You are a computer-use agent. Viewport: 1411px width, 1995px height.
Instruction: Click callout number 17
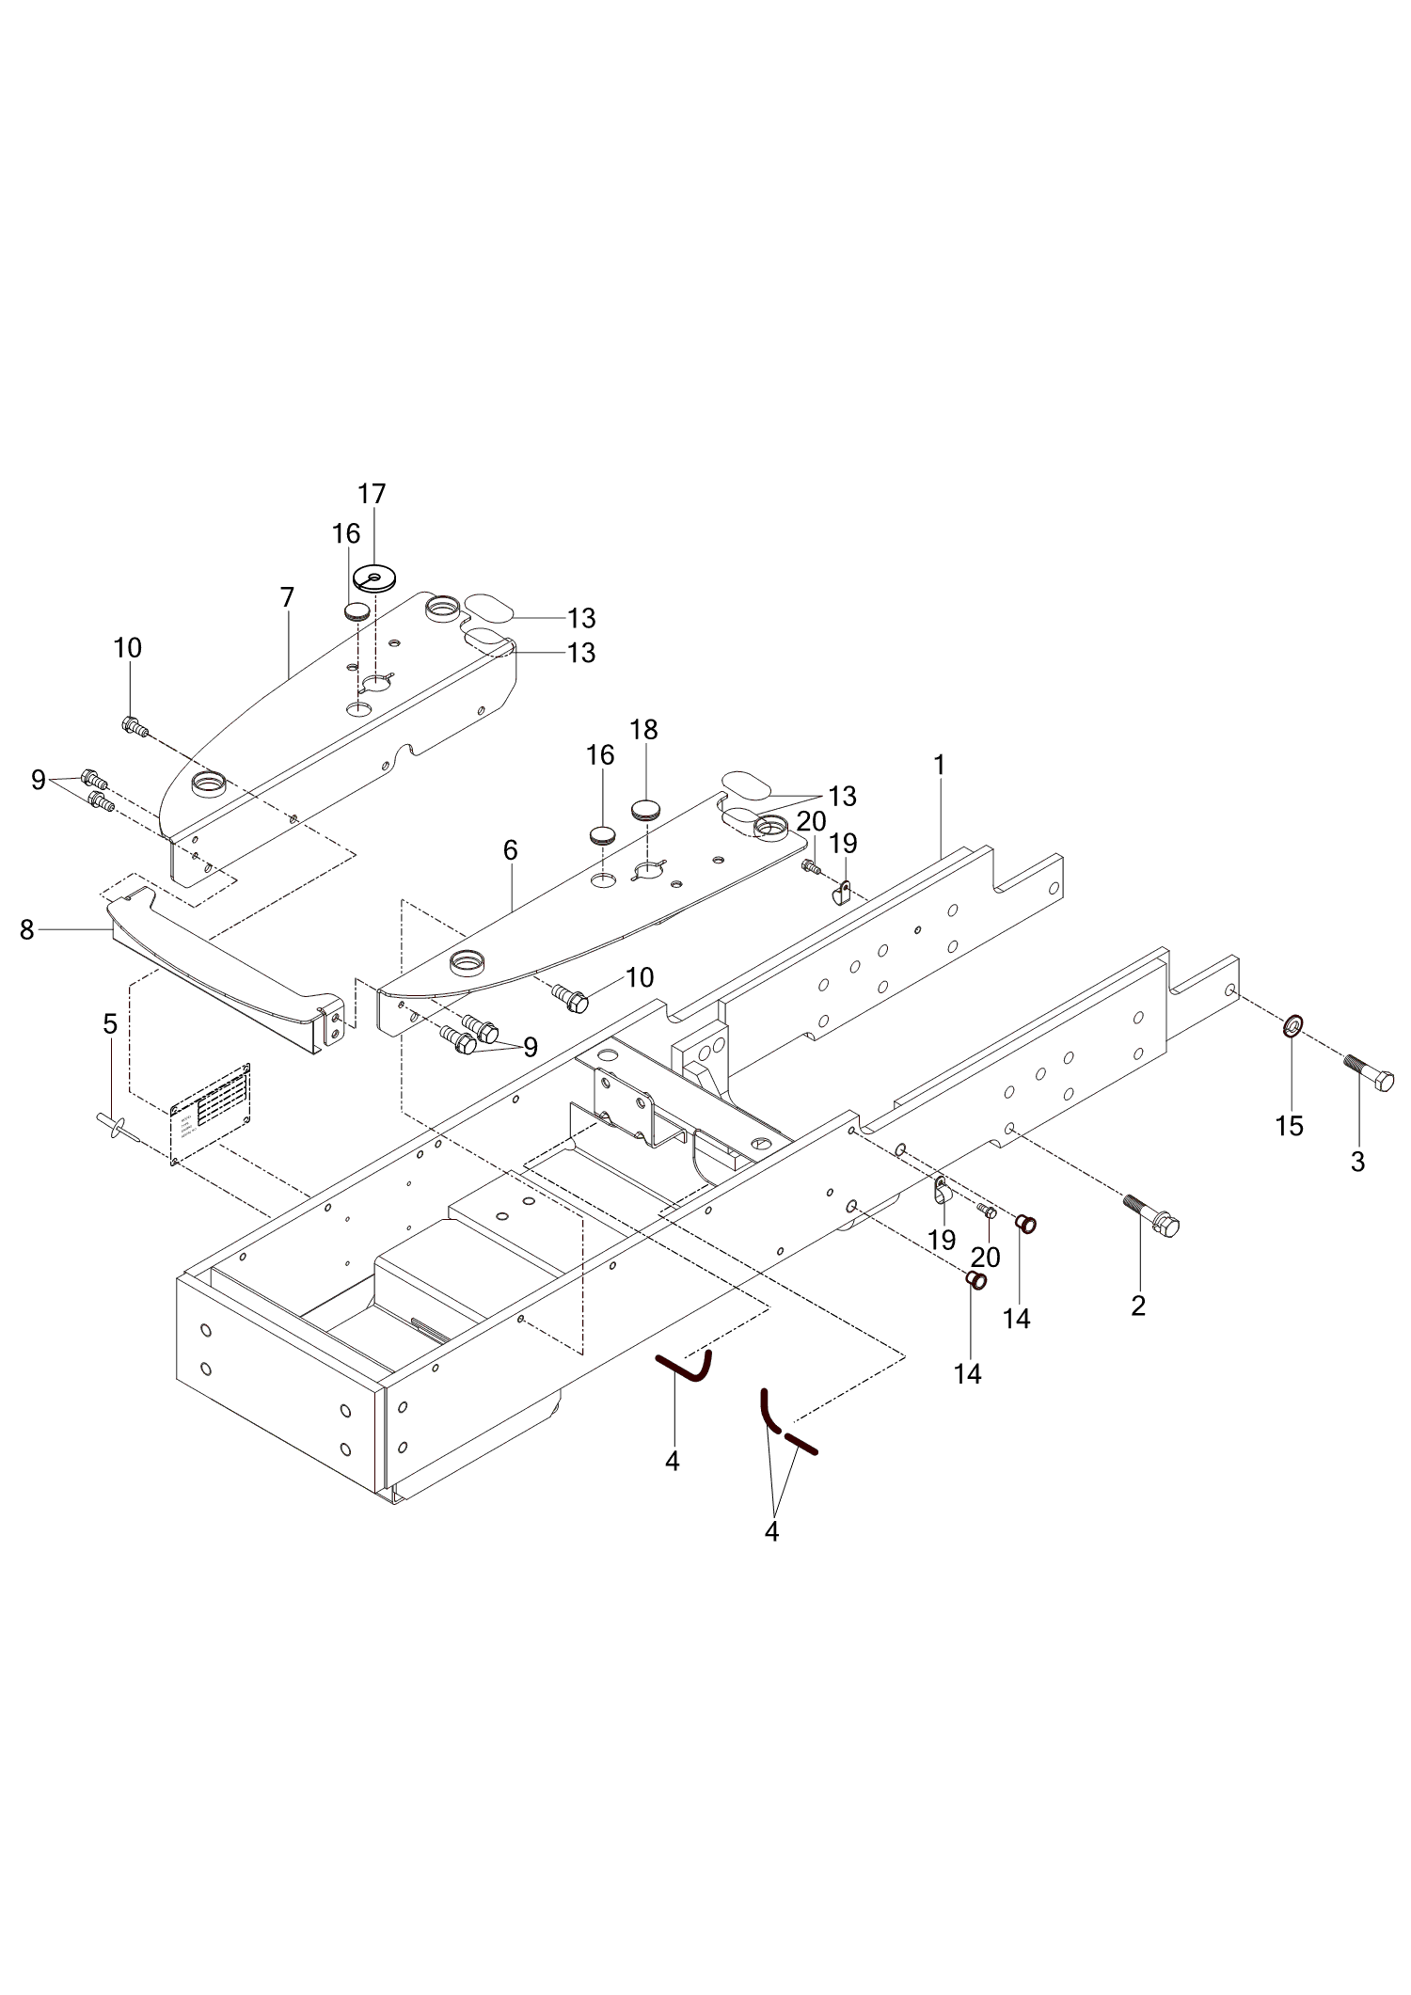(x=373, y=494)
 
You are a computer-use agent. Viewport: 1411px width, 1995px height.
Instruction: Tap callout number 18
(x=644, y=730)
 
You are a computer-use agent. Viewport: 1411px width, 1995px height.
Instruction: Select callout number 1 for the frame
(x=939, y=766)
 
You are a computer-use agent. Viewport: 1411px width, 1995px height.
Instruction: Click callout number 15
(x=1290, y=1125)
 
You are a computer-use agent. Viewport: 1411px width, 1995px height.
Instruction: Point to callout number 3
(x=1357, y=1162)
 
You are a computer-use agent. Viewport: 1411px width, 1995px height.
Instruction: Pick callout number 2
(x=1138, y=1306)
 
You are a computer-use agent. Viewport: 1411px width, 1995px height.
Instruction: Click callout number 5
(x=110, y=1023)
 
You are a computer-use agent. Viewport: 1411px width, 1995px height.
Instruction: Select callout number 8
(x=26, y=930)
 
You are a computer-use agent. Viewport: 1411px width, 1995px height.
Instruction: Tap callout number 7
(x=287, y=597)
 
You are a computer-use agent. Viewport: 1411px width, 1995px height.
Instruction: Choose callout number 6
(x=510, y=850)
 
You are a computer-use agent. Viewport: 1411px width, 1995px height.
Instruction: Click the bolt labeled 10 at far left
(x=134, y=726)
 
